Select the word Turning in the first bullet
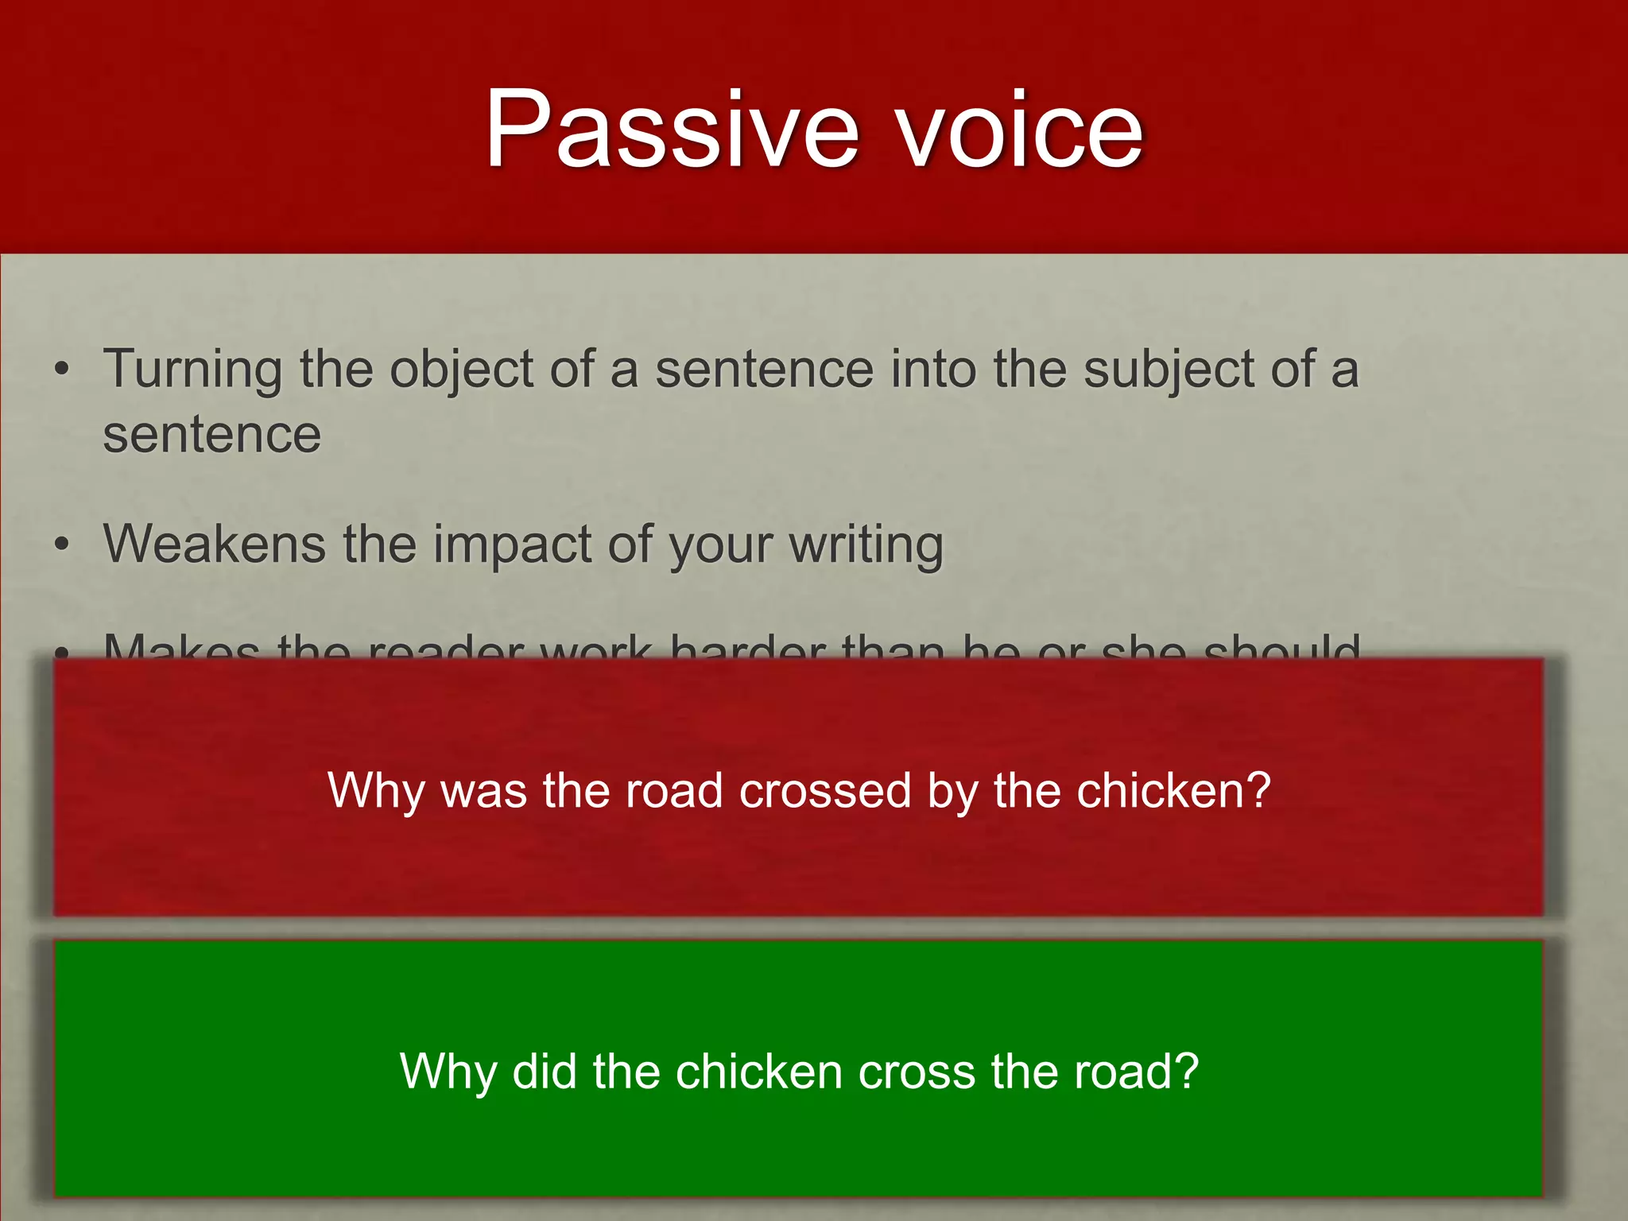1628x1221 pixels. coord(192,370)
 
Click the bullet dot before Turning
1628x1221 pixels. coord(62,370)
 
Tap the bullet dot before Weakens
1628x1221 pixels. coord(62,545)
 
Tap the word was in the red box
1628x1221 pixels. coord(484,792)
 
